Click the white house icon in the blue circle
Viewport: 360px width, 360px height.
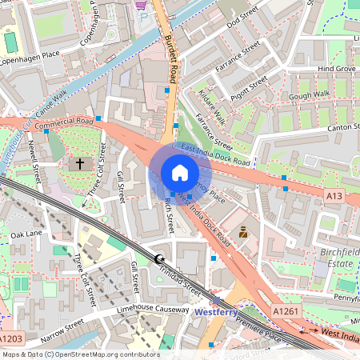coord(179,172)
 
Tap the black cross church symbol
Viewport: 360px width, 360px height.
coord(79,163)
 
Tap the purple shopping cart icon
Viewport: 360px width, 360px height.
coord(142,4)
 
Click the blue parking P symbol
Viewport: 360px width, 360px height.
coord(144,16)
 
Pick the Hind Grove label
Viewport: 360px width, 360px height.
coord(336,70)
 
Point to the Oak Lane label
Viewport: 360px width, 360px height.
coord(26,234)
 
